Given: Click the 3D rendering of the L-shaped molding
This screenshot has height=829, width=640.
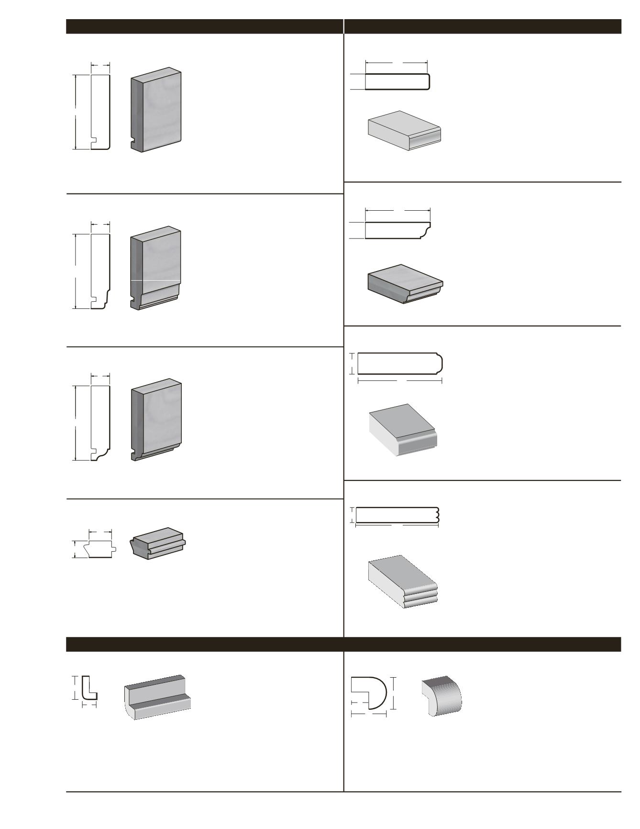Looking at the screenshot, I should coord(157,697).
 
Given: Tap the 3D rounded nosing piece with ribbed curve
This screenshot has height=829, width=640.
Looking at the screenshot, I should coord(442,696).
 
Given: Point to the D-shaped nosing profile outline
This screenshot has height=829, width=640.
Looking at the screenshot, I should coord(369,693).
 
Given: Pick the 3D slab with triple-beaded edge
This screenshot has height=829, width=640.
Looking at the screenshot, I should coord(403,582).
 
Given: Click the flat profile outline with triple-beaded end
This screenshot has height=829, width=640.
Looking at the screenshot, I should coord(397,515).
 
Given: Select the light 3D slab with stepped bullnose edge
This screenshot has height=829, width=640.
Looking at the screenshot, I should coord(403,430).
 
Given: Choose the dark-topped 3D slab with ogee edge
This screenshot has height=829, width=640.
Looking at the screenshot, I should coord(405,284).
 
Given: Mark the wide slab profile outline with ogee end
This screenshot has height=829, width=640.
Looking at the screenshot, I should coord(397,230).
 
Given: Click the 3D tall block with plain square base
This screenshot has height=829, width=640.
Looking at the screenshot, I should coord(156,110).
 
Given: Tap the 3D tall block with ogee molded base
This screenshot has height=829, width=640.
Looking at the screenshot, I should coord(156,268).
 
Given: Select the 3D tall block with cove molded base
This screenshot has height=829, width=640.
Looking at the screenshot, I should coord(156,420).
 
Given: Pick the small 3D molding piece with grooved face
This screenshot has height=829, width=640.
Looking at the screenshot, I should coord(158,543).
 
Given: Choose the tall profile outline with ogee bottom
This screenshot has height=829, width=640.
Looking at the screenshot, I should coord(100,271).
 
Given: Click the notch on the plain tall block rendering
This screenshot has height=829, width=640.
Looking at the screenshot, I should coord(133,142).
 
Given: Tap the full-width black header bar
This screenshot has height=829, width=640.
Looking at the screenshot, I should coord(343,644).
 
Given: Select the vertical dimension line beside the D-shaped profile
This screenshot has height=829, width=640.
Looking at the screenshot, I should coord(393,693).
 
